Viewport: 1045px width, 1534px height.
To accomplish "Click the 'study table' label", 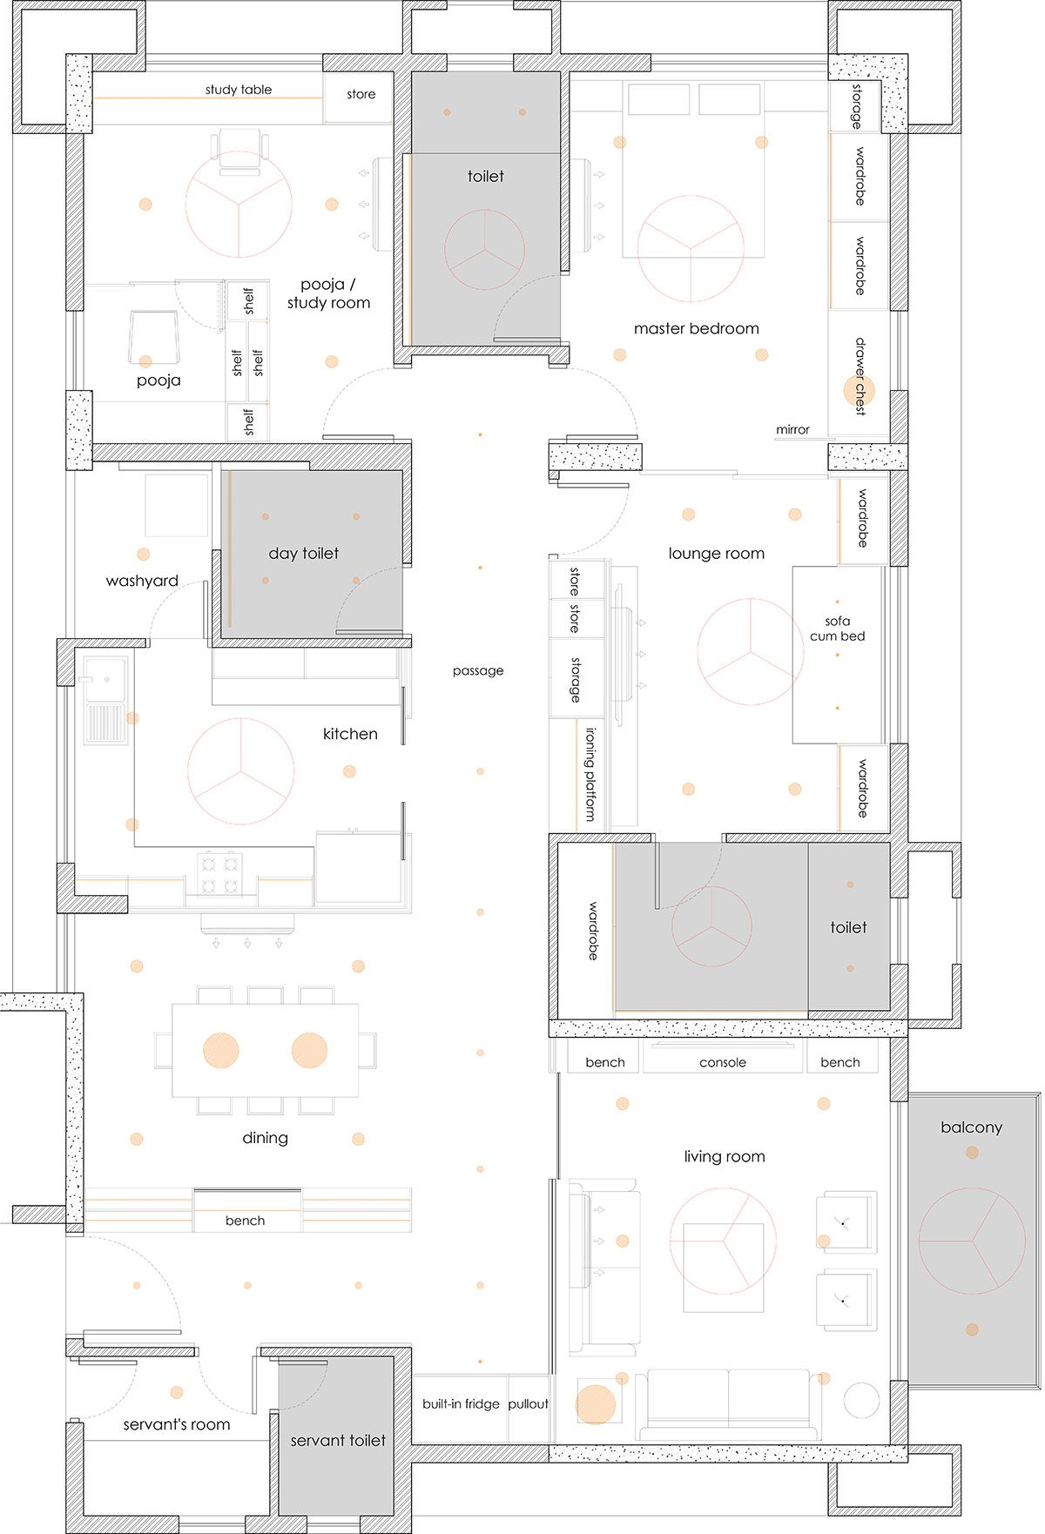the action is pyautogui.click(x=239, y=90).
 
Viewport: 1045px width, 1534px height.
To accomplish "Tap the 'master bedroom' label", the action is pyautogui.click(x=696, y=328).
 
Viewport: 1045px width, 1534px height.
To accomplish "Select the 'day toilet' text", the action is pyautogui.click(x=303, y=553).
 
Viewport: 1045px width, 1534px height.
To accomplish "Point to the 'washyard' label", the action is pyautogui.click(x=142, y=581).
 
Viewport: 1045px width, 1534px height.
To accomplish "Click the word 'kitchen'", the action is pyautogui.click(x=350, y=734).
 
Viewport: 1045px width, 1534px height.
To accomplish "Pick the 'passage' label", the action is pyautogui.click(x=478, y=670).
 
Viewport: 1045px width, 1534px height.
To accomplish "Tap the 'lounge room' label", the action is pyautogui.click(x=716, y=553).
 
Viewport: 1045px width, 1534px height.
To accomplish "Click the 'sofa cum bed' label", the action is pyautogui.click(x=837, y=629).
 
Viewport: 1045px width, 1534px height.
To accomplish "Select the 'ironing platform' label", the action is pyautogui.click(x=591, y=774).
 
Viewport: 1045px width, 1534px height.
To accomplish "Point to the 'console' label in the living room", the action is pyautogui.click(x=723, y=1062).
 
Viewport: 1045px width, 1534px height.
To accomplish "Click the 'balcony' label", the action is pyautogui.click(x=971, y=1127).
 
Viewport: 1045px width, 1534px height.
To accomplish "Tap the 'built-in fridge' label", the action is pyautogui.click(x=461, y=1403).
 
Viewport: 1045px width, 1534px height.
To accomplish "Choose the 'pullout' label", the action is pyautogui.click(x=528, y=1403).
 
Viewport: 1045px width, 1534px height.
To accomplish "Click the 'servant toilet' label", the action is pyautogui.click(x=338, y=1441).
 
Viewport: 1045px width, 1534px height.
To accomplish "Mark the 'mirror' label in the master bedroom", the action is pyautogui.click(x=792, y=429).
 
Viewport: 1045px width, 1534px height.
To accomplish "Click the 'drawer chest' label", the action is pyautogui.click(x=860, y=376).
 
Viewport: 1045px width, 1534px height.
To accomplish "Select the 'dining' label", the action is pyautogui.click(x=265, y=1138).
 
